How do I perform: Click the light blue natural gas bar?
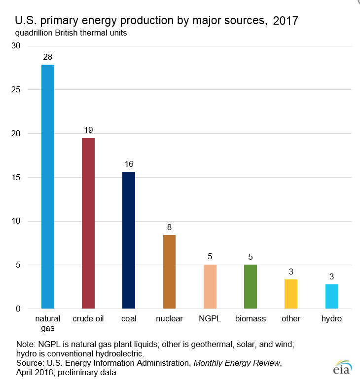(x=48, y=187)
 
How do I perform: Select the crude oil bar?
(x=88, y=223)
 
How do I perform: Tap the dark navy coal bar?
(x=129, y=240)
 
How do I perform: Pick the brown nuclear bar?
(x=169, y=272)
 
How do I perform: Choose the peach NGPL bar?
(x=210, y=286)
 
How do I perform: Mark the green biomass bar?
(x=251, y=286)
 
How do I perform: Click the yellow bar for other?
(x=291, y=294)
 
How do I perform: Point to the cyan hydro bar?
(x=331, y=296)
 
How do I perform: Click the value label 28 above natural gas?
(x=48, y=56)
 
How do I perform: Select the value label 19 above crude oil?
(x=88, y=130)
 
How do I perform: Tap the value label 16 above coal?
(x=129, y=163)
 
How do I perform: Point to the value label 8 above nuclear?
(x=169, y=227)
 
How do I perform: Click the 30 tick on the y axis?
(x=16, y=46)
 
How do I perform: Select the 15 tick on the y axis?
(x=16, y=177)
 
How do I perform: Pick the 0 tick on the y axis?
(x=18, y=309)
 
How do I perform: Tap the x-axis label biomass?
(x=251, y=319)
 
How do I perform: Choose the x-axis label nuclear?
(x=169, y=319)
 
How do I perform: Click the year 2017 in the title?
(x=285, y=21)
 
